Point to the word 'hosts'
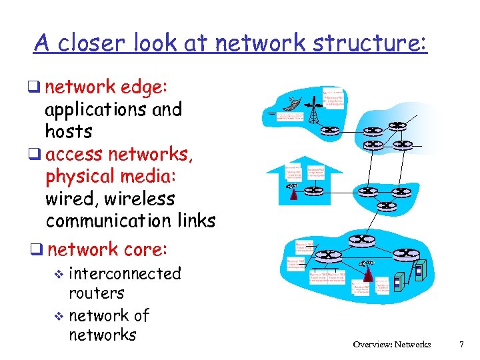(x=69, y=130)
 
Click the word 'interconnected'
(x=125, y=273)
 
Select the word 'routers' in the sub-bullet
(x=97, y=293)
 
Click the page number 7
(x=461, y=345)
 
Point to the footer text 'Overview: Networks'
(x=392, y=345)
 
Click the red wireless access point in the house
(x=293, y=193)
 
